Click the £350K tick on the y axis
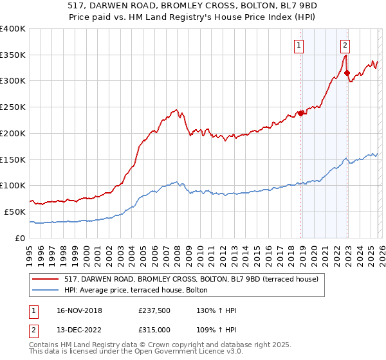[13, 55]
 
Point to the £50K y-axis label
[15, 212]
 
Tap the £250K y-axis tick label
[13, 107]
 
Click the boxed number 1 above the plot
[300, 45]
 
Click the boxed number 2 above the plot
[345, 45]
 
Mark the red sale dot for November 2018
[300, 114]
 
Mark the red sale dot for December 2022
[347, 73]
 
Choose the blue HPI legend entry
[135, 291]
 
